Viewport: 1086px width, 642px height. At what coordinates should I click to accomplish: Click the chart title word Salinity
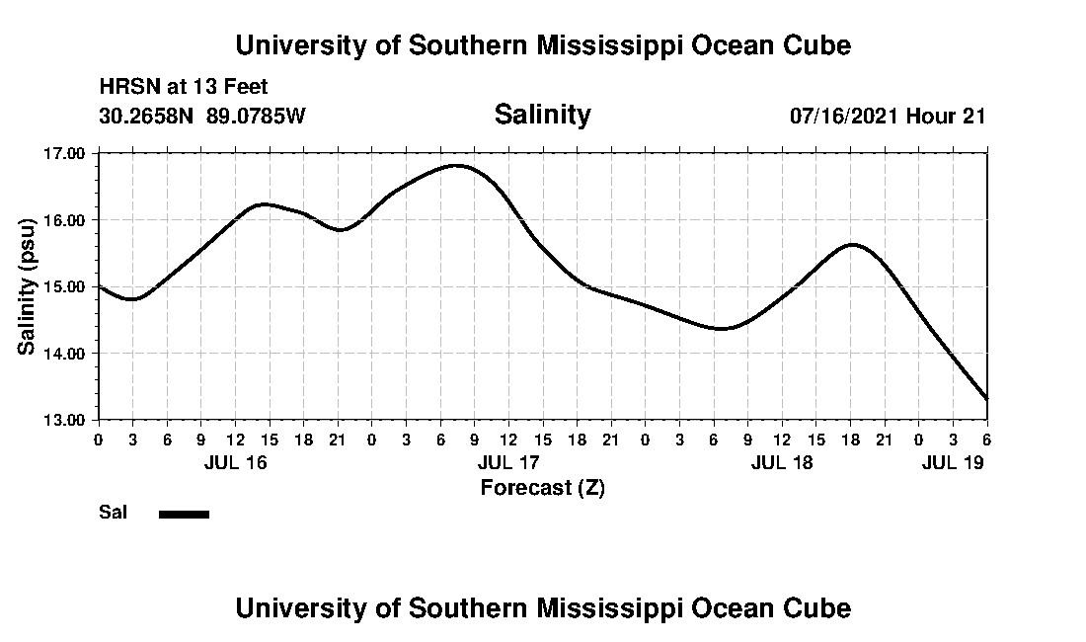[542, 115]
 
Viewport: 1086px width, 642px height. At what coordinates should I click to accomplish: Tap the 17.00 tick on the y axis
[65, 153]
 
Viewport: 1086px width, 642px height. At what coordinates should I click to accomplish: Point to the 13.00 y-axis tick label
[65, 420]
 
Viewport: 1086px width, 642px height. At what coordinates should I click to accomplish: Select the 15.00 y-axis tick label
[65, 286]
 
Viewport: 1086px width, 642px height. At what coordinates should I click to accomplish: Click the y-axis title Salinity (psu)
[27, 286]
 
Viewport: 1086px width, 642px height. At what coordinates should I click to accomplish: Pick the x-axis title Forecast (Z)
[542, 487]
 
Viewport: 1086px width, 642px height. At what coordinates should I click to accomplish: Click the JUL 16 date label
[235, 462]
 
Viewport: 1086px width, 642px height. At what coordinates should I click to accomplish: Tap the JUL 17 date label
[507, 462]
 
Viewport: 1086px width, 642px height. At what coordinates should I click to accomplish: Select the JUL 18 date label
[782, 462]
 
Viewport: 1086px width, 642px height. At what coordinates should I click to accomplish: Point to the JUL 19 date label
[953, 462]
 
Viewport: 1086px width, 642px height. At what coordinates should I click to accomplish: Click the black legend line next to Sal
[184, 514]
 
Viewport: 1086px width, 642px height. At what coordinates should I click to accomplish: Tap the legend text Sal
[111, 513]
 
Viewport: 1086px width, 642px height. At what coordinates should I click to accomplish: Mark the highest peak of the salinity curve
[457, 165]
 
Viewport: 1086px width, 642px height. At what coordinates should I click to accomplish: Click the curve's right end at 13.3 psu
[986, 398]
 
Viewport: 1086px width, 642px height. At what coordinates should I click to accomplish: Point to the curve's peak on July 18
[851, 244]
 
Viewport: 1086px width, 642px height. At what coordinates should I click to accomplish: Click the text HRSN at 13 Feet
[184, 88]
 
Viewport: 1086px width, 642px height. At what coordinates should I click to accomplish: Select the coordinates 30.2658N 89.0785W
[202, 116]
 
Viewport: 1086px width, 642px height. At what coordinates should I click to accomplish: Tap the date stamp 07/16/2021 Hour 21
[888, 116]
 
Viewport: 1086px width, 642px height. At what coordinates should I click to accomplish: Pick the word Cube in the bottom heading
[822, 607]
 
